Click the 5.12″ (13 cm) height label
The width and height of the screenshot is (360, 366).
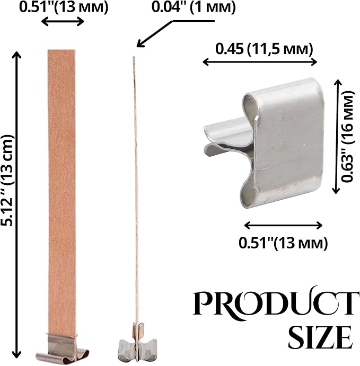7,181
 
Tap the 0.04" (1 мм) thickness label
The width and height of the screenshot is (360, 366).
194,7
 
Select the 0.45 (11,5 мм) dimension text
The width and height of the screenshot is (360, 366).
264,49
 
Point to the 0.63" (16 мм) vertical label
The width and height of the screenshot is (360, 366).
347,137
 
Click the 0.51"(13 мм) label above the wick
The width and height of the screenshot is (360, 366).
64,7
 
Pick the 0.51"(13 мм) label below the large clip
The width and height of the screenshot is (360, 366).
283,243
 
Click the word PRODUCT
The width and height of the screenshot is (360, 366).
276,303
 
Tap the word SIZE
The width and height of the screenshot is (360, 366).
321,337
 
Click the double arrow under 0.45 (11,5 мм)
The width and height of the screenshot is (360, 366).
260,62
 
